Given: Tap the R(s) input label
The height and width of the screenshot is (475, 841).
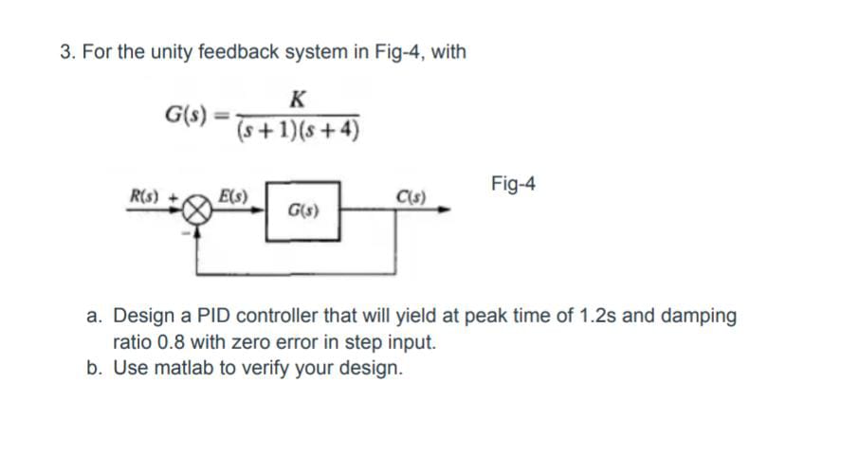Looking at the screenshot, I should click(x=147, y=196).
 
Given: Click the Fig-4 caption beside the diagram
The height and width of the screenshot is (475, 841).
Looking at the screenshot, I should click(x=513, y=183).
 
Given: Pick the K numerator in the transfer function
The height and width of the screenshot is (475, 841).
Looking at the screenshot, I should click(x=299, y=98).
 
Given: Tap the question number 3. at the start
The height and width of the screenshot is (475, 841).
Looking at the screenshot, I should click(x=67, y=52).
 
